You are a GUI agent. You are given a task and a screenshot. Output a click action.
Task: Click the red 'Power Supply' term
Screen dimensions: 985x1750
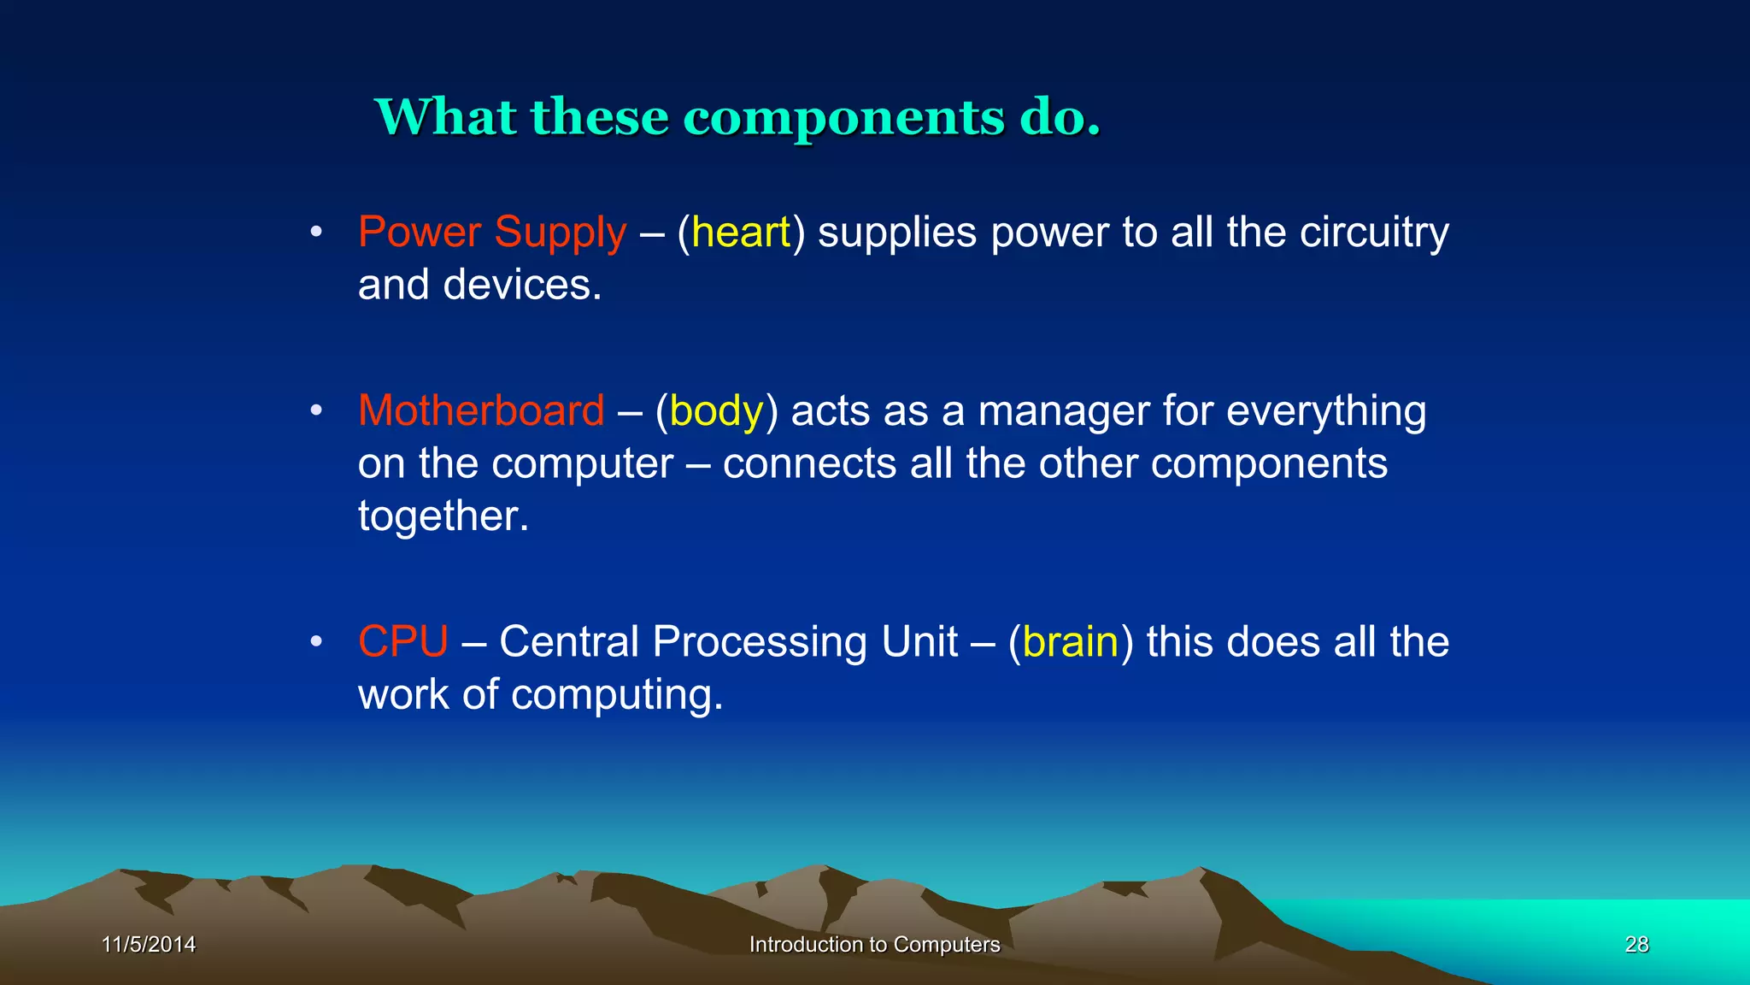(x=492, y=233)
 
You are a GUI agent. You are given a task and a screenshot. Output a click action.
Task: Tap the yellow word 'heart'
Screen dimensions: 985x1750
(x=741, y=233)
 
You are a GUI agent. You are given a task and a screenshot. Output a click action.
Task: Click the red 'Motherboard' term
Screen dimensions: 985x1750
(x=481, y=410)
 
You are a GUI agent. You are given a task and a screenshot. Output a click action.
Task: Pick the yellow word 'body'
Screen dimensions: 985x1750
(x=716, y=411)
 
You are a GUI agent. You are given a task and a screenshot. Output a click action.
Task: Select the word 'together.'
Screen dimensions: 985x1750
(x=443, y=516)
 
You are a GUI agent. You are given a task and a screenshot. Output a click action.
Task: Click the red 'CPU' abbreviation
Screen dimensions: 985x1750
(x=402, y=641)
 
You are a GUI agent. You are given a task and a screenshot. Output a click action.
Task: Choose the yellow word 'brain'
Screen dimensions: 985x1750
(x=1070, y=642)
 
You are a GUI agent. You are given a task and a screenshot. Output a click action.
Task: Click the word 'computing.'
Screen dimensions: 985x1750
(x=616, y=694)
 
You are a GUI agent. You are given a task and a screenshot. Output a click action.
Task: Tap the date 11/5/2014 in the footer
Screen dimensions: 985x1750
(x=149, y=944)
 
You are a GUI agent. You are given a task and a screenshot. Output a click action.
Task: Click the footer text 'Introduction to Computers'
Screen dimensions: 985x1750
(x=874, y=944)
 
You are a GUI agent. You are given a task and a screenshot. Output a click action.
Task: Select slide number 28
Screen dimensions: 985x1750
(x=1636, y=944)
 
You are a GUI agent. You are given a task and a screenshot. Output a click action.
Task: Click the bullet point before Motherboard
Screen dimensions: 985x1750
(x=316, y=410)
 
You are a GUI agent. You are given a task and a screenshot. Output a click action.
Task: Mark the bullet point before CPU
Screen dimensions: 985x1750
(x=316, y=641)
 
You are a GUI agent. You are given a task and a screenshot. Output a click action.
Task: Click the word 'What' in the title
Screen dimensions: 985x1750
(x=444, y=118)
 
